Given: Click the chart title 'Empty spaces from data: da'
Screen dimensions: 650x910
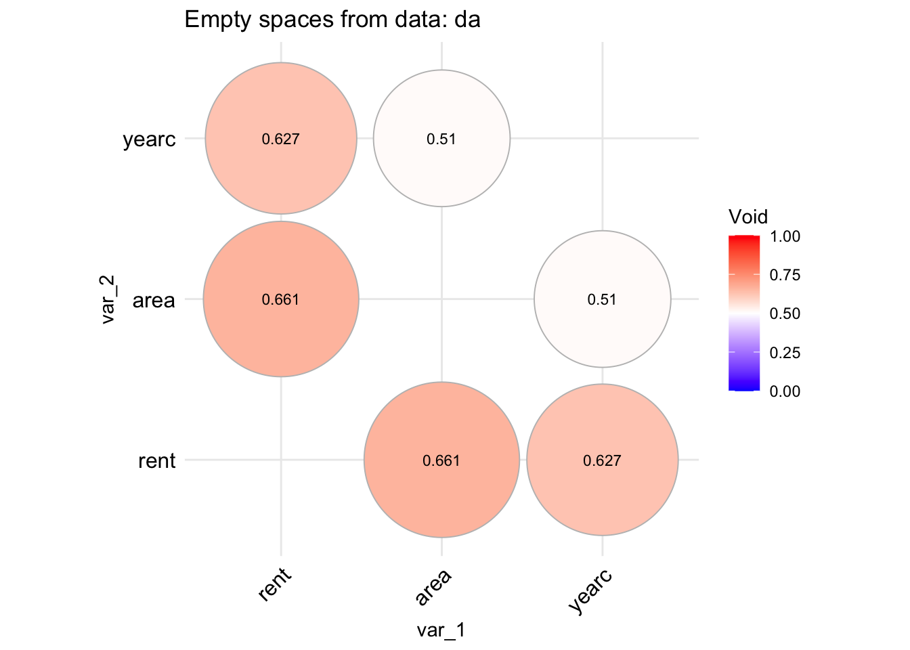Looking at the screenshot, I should [x=332, y=20].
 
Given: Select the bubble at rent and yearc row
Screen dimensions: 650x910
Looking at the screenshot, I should [x=281, y=139].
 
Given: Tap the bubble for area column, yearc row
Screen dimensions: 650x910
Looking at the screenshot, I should [x=441, y=139].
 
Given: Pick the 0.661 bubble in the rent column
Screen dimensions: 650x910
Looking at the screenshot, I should [x=281, y=299].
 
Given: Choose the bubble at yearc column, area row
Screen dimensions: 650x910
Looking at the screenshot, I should [x=602, y=299].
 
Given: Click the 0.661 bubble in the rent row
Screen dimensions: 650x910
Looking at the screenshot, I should [x=441, y=460].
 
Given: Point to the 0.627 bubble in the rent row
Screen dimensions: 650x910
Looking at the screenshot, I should [x=602, y=460].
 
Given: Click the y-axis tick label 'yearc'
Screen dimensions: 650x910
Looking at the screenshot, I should [x=149, y=140].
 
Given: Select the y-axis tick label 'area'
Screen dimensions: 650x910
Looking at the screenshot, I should [x=154, y=300].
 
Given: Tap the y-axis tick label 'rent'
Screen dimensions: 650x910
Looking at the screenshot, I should [x=156, y=461].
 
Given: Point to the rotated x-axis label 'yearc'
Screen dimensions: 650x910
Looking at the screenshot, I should [x=590, y=591].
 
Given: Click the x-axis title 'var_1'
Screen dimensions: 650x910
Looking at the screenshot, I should [x=441, y=630].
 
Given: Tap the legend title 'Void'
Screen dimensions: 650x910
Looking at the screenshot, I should [x=747, y=217].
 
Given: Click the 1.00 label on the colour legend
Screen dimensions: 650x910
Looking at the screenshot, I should [x=785, y=236].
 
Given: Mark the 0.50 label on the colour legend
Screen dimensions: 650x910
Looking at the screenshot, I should [x=785, y=313].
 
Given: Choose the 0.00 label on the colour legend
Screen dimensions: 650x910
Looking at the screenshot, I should [x=785, y=391].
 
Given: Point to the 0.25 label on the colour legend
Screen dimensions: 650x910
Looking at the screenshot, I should [x=785, y=353].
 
